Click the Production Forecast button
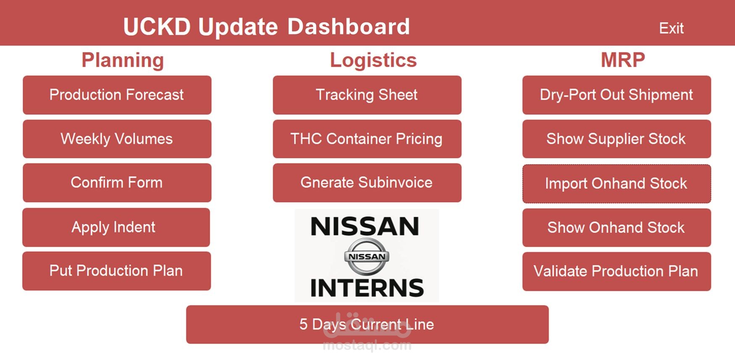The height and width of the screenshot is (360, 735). [117, 95]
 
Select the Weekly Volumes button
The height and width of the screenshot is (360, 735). [117, 139]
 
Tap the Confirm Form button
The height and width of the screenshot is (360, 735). [117, 183]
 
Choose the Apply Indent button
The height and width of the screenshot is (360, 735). [116, 227]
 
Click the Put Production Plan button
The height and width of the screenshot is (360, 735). [116, 271]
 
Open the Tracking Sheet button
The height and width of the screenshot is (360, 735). [367, 95]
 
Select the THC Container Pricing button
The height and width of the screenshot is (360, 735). [367, 139]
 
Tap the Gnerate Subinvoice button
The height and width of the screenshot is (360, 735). [367, 183]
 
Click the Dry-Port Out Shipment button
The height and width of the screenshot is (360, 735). [616, 95]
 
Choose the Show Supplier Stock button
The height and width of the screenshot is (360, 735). [616, 139]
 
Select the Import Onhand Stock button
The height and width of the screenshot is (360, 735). [616, 184]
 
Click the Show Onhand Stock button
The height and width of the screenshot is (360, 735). [616, 228]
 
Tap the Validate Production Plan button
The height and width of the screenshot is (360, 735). [616, 271]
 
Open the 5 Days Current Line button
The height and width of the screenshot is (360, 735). [367, 324]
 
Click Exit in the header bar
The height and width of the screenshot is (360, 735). [671, 28]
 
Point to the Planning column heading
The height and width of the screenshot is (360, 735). [123, 60]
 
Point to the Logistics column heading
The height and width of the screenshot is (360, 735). [373, 60]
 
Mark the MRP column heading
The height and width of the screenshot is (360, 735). [623, 60]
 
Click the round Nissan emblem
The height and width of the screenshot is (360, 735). [367, 256]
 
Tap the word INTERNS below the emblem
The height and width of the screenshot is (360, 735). [367, 288]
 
